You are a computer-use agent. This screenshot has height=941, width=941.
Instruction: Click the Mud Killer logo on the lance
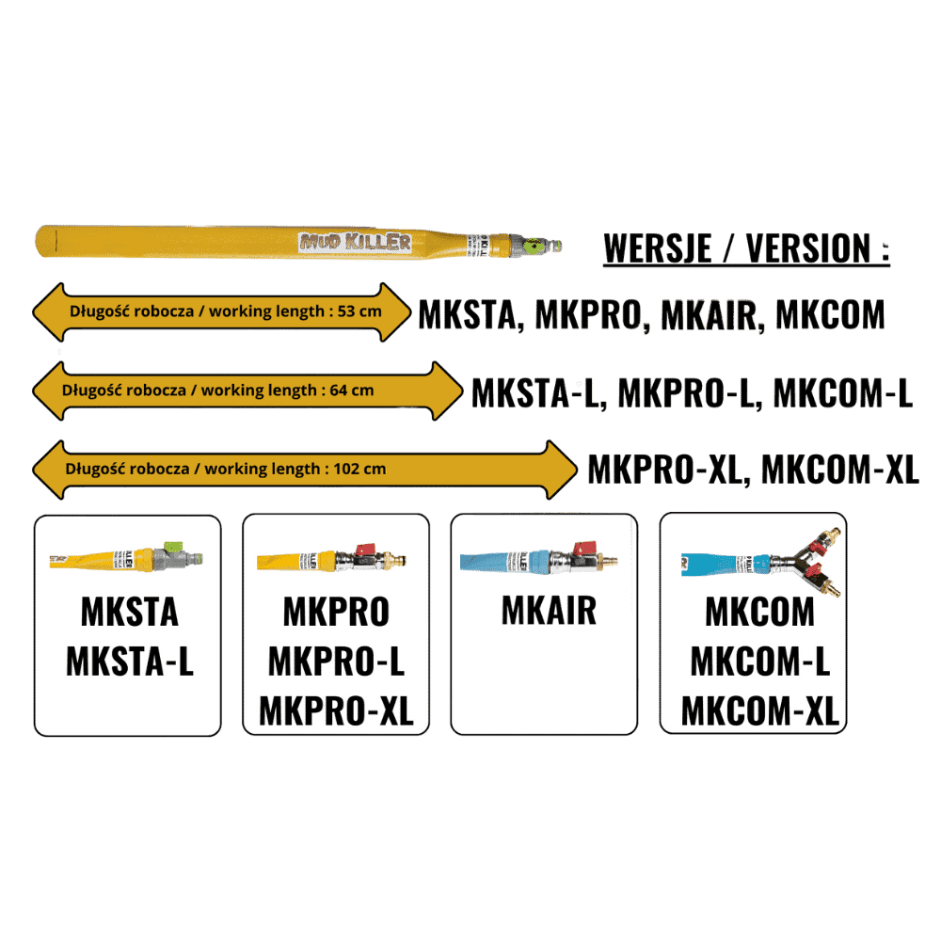[356, 242]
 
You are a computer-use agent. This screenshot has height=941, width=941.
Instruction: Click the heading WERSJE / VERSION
[746, 248]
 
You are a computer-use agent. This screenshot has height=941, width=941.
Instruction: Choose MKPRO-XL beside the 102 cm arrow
[664, 469]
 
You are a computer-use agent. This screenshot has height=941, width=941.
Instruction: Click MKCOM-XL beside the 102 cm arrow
[839, 469]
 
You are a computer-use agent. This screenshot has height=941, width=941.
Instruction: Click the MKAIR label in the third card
[549, 611]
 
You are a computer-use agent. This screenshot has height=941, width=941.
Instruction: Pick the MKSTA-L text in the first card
[129, 662]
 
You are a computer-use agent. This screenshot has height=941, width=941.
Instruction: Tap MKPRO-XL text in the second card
[336, 710]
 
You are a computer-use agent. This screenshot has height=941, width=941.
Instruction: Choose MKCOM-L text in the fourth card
[759, 662]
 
